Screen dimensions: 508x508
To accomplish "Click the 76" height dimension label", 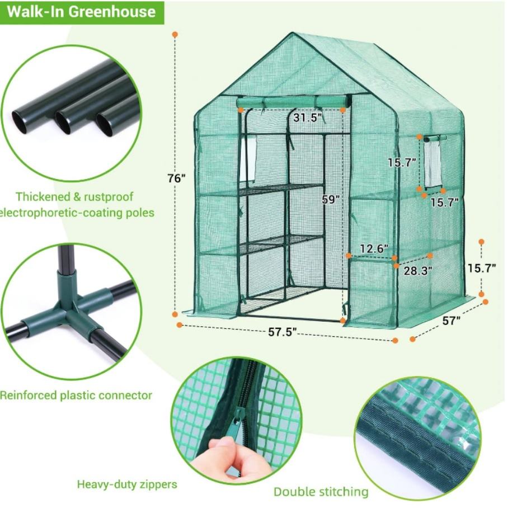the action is [x=177, y=178].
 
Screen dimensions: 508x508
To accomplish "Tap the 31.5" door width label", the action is [x=308, y=117].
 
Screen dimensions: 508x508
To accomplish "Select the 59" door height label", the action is [x=331, y=199].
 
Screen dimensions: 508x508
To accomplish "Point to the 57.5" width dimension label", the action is [x=282, y=332].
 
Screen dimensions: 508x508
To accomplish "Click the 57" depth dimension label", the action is [x=451, y=321].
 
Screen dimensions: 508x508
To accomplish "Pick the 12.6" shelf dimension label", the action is [x=374, y=248].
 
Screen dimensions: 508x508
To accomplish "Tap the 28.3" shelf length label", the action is [x=418, y=270].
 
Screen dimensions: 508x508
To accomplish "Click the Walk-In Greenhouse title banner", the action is [x=82, y=12].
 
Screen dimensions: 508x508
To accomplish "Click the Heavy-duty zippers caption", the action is [x=127, y=485].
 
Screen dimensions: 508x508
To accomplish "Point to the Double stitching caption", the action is [x=321, y=492].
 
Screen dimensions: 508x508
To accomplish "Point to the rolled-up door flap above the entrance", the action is [x=294, y=103].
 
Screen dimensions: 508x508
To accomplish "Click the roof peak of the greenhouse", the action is [x=294, y=34].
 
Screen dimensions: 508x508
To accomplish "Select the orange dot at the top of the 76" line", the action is [x=175, y=34].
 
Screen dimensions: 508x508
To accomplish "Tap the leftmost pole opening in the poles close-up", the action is [x=20, y=123].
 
